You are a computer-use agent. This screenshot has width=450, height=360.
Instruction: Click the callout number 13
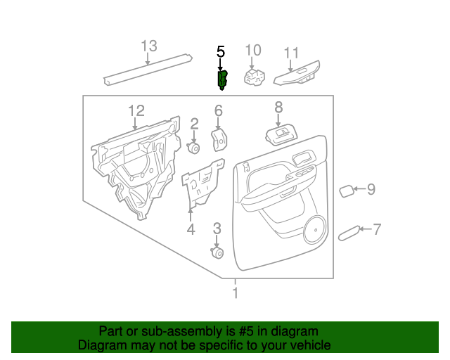148,46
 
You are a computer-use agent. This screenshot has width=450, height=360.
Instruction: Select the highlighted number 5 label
221,51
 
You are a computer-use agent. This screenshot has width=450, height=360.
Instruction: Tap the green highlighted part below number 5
222,79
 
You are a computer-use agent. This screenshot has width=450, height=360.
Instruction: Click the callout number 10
252,50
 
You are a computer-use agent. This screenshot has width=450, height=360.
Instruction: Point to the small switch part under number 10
253,77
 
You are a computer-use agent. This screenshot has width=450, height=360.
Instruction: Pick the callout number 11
291,53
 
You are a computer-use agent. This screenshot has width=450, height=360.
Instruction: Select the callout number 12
136,110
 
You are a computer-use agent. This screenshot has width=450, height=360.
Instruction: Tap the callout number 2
194,124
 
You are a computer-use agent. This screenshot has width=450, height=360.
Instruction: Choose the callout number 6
218,110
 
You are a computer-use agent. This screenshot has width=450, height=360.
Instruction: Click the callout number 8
278,107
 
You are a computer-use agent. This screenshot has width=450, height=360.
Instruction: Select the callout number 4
190,229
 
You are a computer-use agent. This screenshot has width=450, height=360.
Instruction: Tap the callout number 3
217,228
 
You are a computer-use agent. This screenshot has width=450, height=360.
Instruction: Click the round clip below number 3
217,253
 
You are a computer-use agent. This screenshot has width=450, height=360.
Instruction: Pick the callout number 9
371,188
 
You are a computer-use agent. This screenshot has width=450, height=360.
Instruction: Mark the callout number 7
377,229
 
